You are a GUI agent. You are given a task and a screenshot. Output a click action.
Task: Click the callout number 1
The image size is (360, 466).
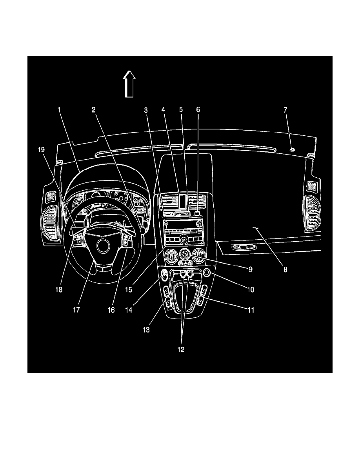(x=59, y=110)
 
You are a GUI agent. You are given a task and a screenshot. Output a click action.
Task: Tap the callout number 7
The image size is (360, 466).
(x=285, y=110)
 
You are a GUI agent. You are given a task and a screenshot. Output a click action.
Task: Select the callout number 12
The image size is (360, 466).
(x=181, y=349)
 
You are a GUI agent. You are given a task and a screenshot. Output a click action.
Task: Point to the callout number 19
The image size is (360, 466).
(x=41, y=149)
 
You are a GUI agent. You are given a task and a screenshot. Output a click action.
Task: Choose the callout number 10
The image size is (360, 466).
(x=250, y=290)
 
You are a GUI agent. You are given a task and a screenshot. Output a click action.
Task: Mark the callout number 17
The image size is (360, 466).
(x=76, y=309)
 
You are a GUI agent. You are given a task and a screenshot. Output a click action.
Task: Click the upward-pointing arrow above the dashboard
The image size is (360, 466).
(x=129, y=83)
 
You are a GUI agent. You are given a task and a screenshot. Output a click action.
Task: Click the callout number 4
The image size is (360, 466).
(x=164, y=110)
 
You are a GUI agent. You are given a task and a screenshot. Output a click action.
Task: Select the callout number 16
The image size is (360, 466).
(x=111, y=309)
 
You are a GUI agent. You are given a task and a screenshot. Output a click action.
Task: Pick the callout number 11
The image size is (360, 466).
(x=250, y=309)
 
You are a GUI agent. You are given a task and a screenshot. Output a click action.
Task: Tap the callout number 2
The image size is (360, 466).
(x=94, y=110)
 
